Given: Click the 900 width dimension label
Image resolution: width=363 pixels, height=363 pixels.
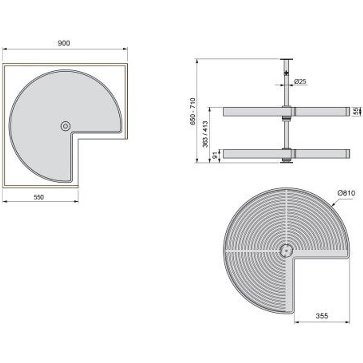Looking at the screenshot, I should pyautogui.click(x=64, y=43).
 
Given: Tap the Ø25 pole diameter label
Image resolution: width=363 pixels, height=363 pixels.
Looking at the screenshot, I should pyautogui.click(x=301, y=81).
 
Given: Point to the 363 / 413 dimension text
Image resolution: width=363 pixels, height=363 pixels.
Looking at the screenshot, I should pyautogui.click(x=205, y=134).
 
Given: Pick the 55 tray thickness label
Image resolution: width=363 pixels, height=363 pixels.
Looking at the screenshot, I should pyautogui.click(x=356, y=111).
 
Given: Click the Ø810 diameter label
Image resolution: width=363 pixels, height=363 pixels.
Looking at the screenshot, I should pyautogui.click(x=346, y=193).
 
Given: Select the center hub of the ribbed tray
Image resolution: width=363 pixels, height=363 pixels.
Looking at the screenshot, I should pyautogui.click(x=286, y=250).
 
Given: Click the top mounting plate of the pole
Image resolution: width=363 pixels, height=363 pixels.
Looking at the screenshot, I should pyautogui.click(x=286, y=60).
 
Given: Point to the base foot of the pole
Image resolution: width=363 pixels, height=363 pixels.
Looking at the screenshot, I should pyautogui.click(x=286, y=161).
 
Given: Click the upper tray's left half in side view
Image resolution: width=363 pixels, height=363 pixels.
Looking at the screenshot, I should pyautogui.click(x=252, y=111).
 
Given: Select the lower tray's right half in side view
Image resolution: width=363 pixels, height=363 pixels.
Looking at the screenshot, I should pyautogui.click(x=320, y=154).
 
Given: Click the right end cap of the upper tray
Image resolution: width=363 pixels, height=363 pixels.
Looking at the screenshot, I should pyautogui.click(x=348, y=111).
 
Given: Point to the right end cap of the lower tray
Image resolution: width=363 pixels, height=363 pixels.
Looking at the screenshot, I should pyautogui.click(x=348, y=154).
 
